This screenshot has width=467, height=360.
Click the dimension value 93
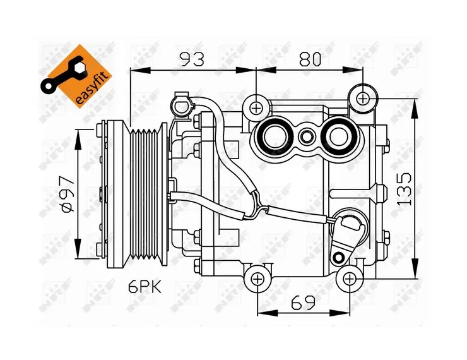pyautogui.click(x=192, y=59)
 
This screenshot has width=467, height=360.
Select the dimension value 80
pyautogui.click(x=309, y=59)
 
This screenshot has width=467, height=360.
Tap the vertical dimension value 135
pyautogui.click(x=404, y=187)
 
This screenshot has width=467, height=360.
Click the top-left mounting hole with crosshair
pyautogui.click(x=256, y=107)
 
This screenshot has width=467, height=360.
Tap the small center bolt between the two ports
pyautogui.click(x=306, y=136)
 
